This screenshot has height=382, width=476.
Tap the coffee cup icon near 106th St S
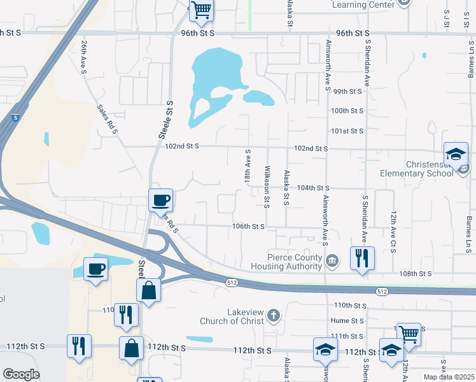(x=160, y=200)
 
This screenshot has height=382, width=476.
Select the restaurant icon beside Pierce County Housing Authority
(x=362, y=258)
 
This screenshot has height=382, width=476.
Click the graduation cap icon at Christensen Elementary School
(x=456, y=153)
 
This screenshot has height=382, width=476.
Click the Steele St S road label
(x=166, y=120)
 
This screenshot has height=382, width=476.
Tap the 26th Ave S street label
(x=84, y=57)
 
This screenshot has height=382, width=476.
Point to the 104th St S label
(x=313, y=188)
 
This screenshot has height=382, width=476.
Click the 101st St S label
(x=347, y=131)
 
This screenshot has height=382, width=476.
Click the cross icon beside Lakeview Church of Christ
(x=274, y=315)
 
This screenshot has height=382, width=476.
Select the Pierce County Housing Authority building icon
(x=332, y=260)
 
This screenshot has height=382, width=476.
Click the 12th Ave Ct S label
(x=393, y=232)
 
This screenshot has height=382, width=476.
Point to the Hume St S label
(x=347, y=321)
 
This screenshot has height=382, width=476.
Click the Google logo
(x=21, y=374)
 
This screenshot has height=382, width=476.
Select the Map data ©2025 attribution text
(x=448, y=377)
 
